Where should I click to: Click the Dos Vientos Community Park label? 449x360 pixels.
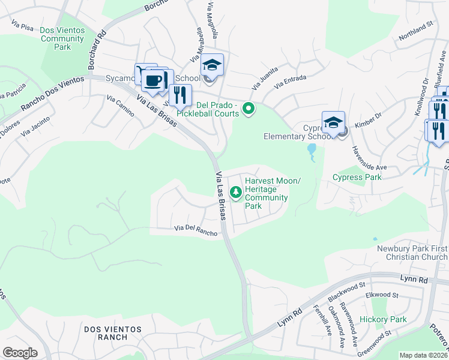[x=62, y=39]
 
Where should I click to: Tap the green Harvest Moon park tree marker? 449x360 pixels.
[x=237, y=192]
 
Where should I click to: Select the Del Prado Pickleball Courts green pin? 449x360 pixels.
[x=247, y=109]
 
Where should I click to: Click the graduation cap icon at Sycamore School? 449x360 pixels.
[x=212, y=64]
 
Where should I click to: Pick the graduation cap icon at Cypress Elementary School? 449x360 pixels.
[x=333, y=123]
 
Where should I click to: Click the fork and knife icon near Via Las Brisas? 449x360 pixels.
[x=179, y=95]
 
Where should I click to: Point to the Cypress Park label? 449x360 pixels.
[x=357, y=177]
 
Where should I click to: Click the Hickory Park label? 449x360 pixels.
[x=382, y=319]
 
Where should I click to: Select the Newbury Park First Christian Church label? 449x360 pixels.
[x=412, y=253]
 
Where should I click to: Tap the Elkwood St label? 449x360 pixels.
[x=382, y=295]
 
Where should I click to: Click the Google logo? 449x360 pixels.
[x=20, y=352]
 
